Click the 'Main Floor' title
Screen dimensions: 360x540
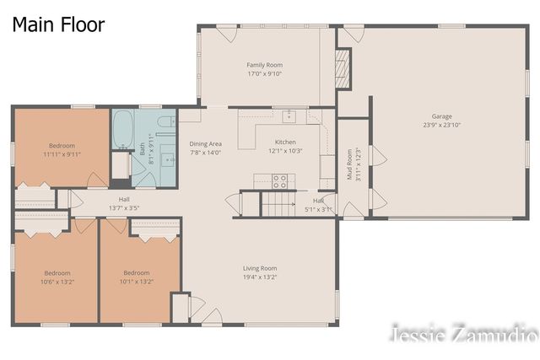click(x=58, y=24)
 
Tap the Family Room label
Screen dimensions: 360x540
click(x=264, y=65)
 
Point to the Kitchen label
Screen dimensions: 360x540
click(x=284, y=142)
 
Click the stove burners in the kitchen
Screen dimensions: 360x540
click(x=280, y=180)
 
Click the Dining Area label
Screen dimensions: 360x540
click(x=205, y=144)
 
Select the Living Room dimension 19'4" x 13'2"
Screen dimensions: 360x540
click(x=260, y=277)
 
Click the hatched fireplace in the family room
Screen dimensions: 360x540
click(x=342, y=62)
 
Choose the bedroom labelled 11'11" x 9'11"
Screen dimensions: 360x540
click(x=61, y=154)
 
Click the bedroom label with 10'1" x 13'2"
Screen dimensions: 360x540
click(x=137, y=282)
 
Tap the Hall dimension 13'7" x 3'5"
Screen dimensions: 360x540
click(x=123, y=207)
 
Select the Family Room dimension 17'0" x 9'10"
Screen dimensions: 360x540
click(x=264, y=74)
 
